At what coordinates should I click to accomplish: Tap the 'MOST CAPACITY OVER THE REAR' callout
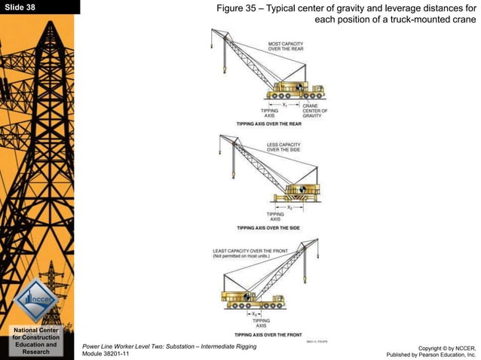(287, 47)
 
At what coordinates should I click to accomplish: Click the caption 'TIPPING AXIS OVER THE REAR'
(268, 123)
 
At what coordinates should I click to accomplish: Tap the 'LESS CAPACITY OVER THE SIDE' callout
(283, 146)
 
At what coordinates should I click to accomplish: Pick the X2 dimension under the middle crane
(290, 206)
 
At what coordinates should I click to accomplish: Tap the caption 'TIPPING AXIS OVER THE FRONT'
(268, 334)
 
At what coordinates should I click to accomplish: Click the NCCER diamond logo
(36, 299)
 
